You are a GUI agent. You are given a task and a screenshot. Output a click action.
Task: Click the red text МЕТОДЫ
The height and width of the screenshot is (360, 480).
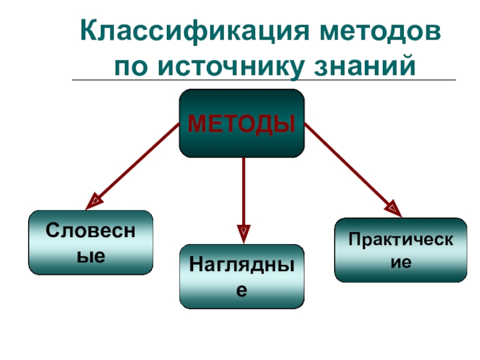[242, 124]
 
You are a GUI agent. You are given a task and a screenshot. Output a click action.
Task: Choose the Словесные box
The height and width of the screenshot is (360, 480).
[91, 242]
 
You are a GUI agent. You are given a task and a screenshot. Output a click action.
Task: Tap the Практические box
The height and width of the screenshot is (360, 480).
[400, 250]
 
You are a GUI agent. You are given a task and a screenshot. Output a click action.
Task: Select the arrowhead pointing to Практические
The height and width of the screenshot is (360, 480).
[393, 208]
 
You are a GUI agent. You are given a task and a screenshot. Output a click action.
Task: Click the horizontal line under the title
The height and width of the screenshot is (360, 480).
[264, 80]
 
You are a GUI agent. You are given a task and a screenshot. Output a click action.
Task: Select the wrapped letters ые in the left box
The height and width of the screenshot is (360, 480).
[91, 256]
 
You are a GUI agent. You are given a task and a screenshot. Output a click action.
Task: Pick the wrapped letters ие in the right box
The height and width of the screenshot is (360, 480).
[400, 262]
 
